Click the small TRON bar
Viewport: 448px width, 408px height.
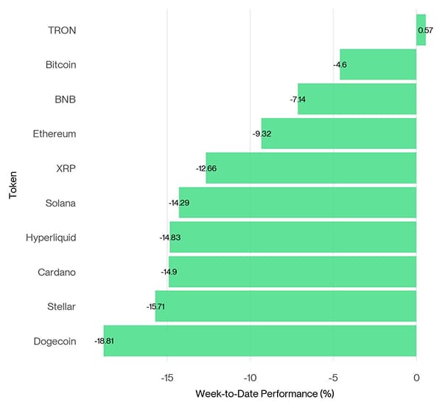coord(421,30)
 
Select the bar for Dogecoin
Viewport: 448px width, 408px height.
coord(260,341)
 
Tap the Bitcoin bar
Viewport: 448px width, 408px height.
coord(378,65)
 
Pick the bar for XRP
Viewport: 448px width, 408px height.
coord(311,168)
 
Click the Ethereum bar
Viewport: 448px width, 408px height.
coord(339,134)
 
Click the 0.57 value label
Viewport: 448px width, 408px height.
coord(425,30)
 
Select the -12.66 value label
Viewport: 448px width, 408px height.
coord(206,168)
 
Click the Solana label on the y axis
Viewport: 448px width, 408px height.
coord(60,203)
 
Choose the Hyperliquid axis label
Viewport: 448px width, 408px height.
coord(51,238)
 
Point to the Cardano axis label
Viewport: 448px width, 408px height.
coord(57,272)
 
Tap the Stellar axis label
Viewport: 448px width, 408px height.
coord(60,306)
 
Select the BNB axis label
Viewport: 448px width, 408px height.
coord(66,99)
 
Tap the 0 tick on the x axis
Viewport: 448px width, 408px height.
coord(416,377)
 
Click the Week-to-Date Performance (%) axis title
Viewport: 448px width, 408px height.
coord(265,393)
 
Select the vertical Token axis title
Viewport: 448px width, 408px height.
coord(13,185)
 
